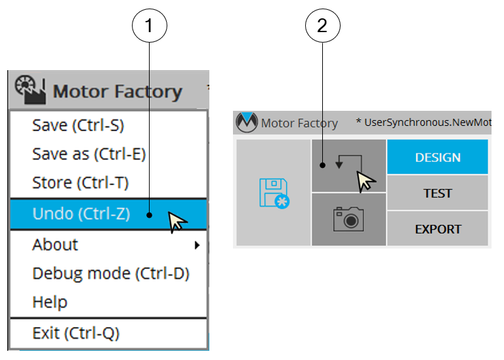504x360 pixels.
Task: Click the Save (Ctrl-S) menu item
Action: point(78,125)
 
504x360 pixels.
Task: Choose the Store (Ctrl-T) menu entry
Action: point(80,183)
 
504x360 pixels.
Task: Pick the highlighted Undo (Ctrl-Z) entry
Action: point(81,213)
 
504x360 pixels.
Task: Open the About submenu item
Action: point(55,245)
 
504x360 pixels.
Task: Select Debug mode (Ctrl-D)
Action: point(111,273)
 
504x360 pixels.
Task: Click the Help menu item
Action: point(50,302)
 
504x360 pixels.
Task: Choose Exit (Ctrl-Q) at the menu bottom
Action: point(76,333)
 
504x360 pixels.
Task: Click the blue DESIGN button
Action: point(438,157)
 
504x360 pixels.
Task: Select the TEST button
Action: point(438,193)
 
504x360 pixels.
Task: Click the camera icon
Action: point(348,218)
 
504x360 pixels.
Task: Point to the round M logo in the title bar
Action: point(247,122)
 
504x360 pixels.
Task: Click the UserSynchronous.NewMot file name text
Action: point(427,123)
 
